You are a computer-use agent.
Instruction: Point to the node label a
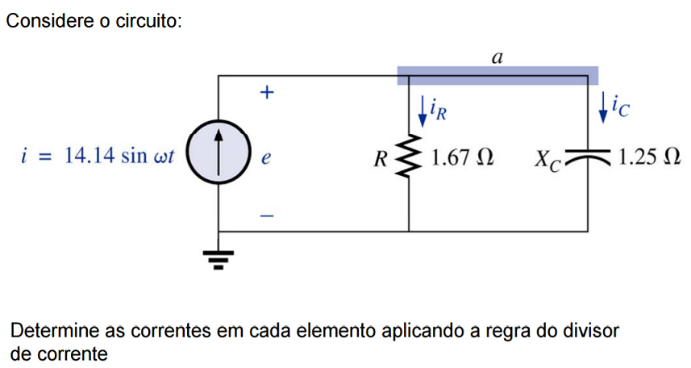[497, 57]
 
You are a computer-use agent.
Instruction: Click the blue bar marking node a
[497, 75]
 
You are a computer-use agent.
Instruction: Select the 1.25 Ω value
[645, 157]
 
